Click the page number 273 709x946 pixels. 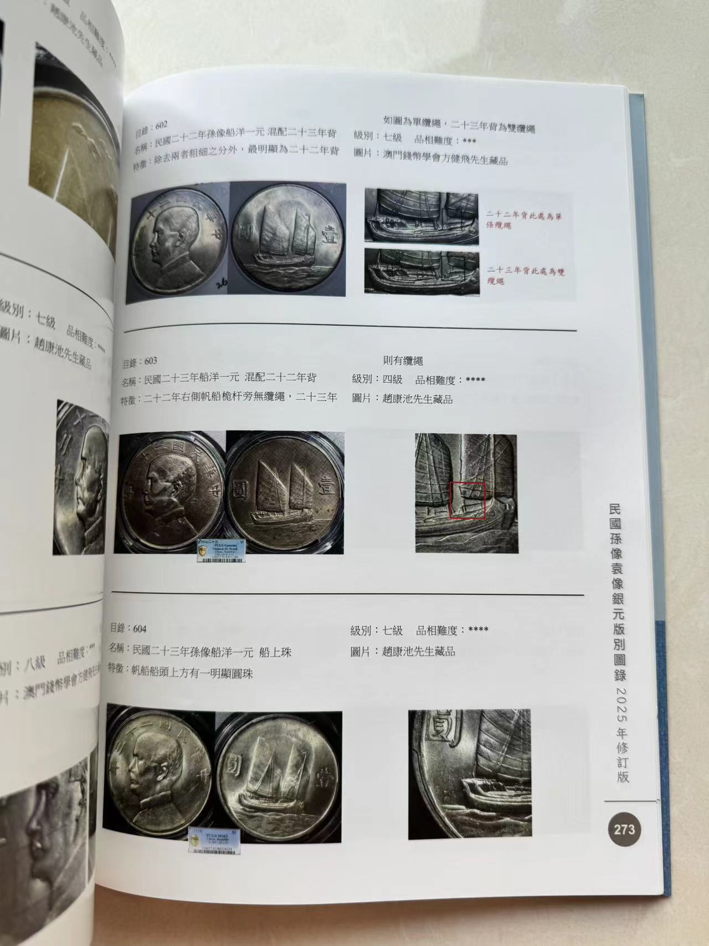625,830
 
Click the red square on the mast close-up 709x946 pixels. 467,500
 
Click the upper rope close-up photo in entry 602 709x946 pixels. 421,216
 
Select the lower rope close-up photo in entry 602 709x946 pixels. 421,272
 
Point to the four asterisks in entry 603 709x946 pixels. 475,380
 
